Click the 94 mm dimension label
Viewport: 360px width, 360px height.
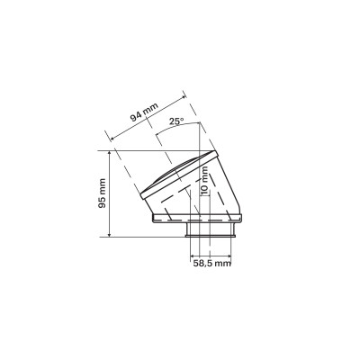click(144, 112)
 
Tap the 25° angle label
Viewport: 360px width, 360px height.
click(176, 121)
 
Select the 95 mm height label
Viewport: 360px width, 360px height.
click(103, 193)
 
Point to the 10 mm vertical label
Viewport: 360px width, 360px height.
click(204, 181)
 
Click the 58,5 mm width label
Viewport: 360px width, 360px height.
click(211, 264)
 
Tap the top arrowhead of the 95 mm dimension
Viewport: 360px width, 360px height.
click(110, 153)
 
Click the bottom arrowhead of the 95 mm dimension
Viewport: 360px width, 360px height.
click(110, 234)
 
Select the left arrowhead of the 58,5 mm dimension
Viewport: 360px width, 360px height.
click(193, 256)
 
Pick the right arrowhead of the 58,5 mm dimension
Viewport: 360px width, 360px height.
click(228, 256)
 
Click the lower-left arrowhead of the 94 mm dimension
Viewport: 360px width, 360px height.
click(112, 138)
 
